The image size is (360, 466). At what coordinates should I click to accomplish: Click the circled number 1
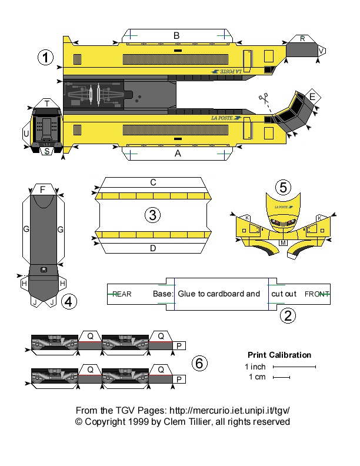pyautogui.click(x=46, y=58)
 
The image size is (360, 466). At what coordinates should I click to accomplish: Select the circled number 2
pyautogui.click(x=288, y=316)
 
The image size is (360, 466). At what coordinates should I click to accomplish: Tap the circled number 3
pyautogui.click(x=152, y=215)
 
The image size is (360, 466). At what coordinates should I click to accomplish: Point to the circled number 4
pyautogui.click(x=69, y=302)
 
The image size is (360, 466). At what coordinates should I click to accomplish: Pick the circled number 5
pyautogui.click(x=283, y=188)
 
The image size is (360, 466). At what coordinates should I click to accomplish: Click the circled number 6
pyautogui.click(x=199, y=364)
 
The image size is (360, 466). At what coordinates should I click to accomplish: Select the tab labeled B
pyautogui.click(x=176, y=36)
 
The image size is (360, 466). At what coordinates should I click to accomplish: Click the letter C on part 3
pyautogui.click(x=153, y=182)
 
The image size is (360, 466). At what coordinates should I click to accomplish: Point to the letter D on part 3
pyautogui.click(x=153, y=248)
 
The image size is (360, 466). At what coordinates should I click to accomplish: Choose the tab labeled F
pyautogui.click(x=42, y=189)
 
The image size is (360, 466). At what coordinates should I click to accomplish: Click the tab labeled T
pyautogui.click(x=46, y=104)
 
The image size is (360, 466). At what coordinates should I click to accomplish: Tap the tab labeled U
pyautogui.click(x=26, y=134)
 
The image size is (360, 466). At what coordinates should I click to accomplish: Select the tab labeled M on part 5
pyautogui.click(x=283, y=242)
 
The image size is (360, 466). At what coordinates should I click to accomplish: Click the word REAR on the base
pyautogui.click(x=122, y=294)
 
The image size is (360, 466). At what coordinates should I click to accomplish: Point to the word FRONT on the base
pyautogui.click(x=316, y=294)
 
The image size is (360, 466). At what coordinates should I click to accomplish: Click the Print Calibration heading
pyautogui.click(x=279, y=355)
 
